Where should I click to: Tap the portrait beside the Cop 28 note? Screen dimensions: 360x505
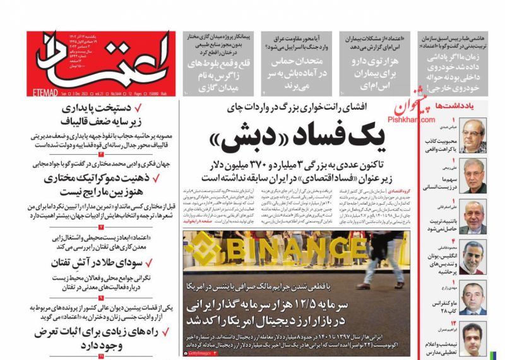(472, 299)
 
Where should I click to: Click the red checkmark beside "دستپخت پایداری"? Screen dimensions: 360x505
(156, 108)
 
